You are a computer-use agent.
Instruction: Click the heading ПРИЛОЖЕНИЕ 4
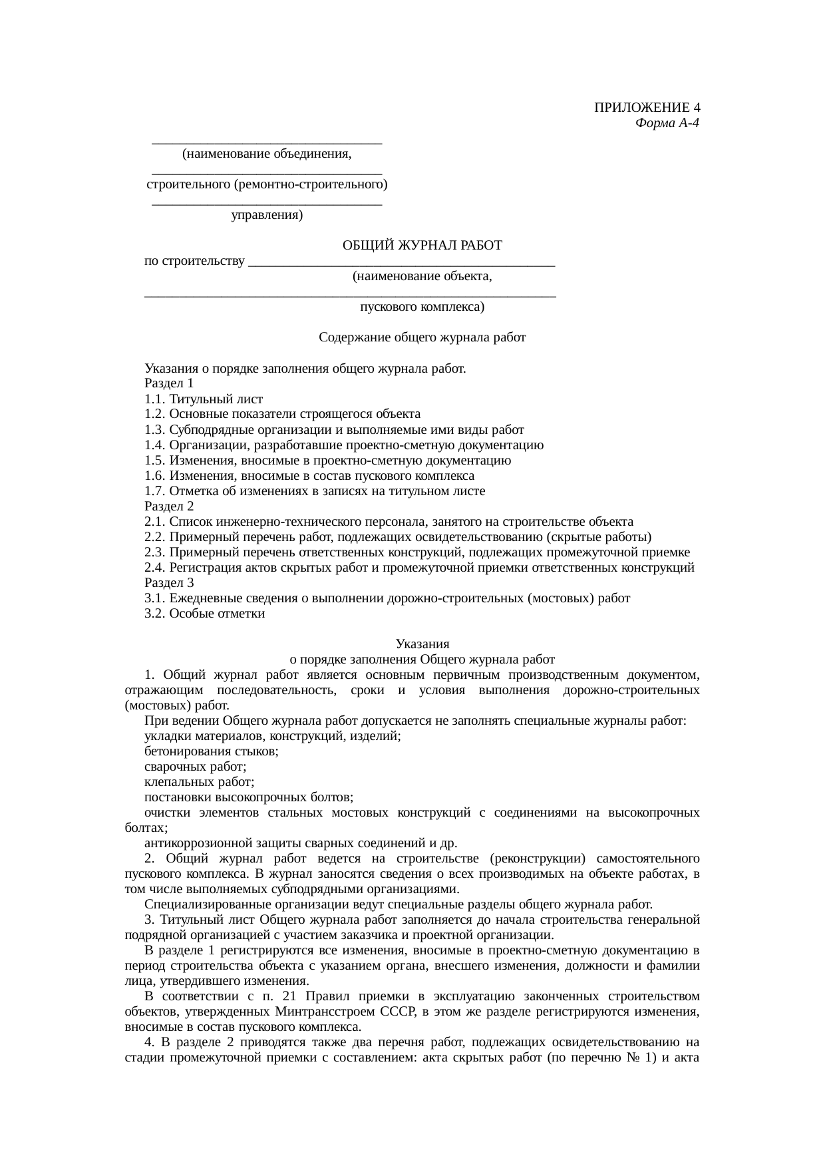click(x=647, y=108)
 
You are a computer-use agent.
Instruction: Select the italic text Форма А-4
click(x=667, y=123)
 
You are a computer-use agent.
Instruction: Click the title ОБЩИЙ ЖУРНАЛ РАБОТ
click(x=422, y=246)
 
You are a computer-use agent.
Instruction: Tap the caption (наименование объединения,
click(x=267, y=154)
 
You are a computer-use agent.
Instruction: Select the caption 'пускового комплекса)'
click(x=422, y=307)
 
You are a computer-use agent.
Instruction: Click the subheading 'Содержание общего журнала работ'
click(x=422, y=337)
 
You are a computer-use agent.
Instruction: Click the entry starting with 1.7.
click(x=315, y=491)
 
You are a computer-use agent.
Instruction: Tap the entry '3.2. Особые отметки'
click(x=205, y=614)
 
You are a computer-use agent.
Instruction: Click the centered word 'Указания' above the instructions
click(x=422, y=644)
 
